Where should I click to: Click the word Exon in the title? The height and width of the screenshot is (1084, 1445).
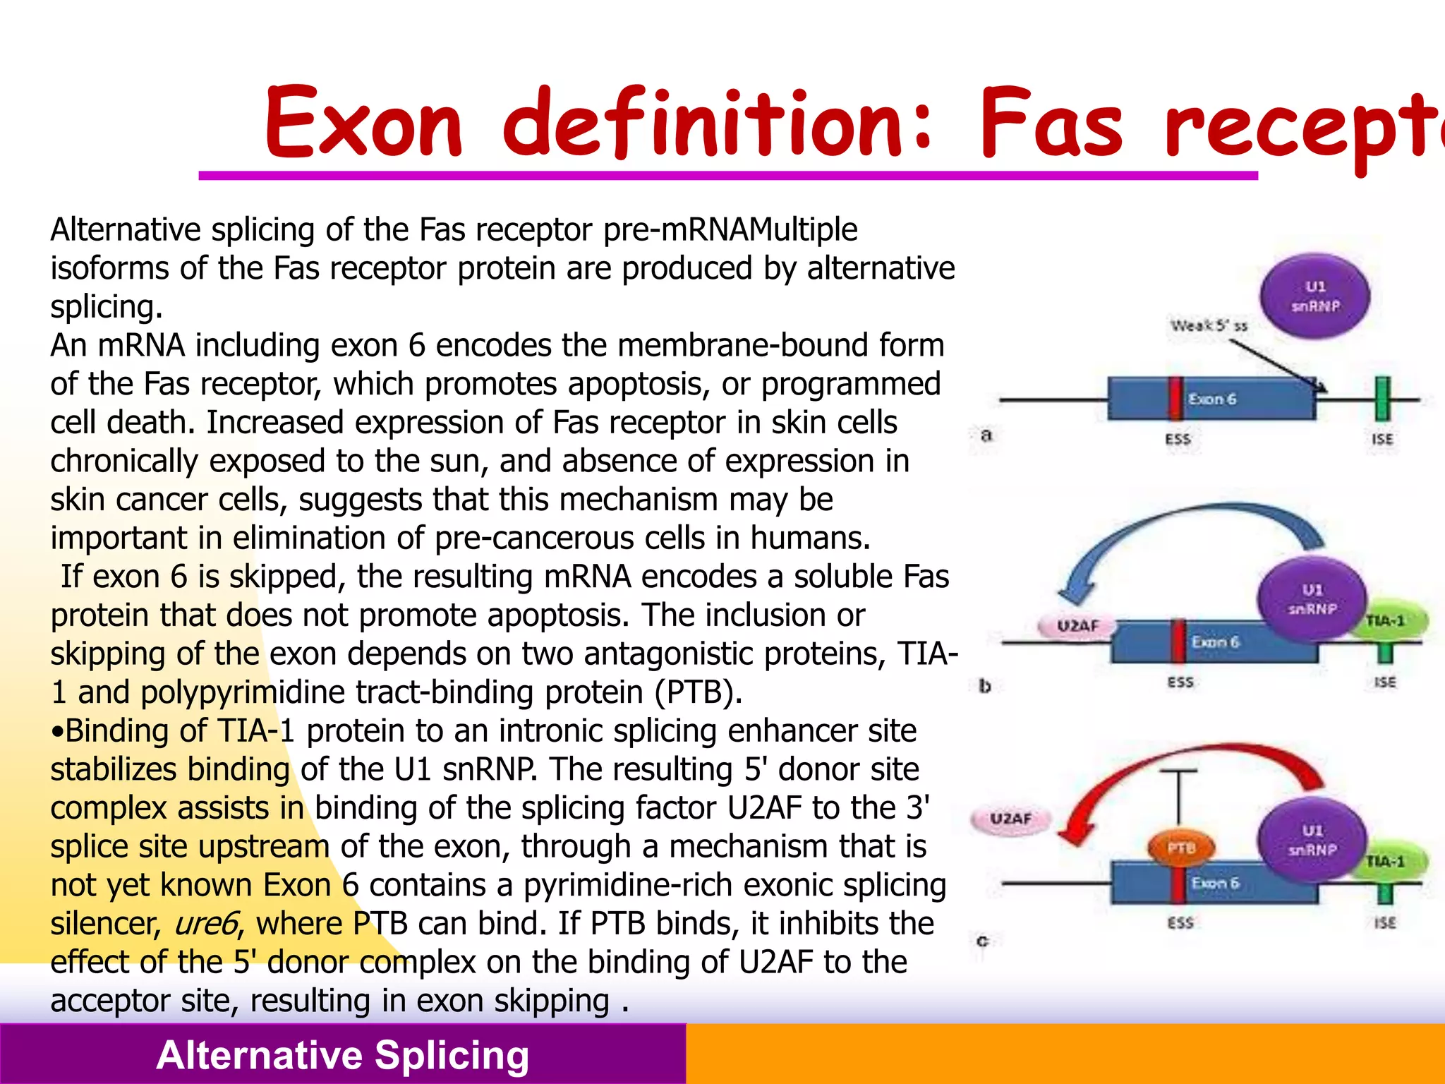pyautogui.click(x=363, y=124)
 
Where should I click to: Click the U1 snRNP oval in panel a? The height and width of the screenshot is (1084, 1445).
pyautogui.click(x=1314, y=296)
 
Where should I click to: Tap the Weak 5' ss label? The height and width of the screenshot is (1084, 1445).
pyautogui.click(x=1209, y=326)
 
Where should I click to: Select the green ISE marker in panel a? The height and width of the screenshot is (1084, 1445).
pyautogui.click(x=1382, y=399)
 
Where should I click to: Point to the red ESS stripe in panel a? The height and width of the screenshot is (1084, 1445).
pyautogui.click(x=1175, y=399)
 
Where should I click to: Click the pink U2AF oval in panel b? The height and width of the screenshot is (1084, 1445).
pyautogui.click(x=1077, y=625)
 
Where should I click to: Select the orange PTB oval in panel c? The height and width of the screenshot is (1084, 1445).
pyautogui.click(x=1180, y=848)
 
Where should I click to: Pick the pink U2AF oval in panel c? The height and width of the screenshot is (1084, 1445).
pyautogui.click(x=1010, y=819)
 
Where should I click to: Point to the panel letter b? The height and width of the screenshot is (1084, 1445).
pyautogui.click(x=985, y=685)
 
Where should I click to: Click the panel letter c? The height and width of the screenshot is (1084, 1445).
pyautogui.click(x=982, y=941)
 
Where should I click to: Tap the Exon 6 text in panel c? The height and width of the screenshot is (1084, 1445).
pyautogui.click(x=1215, y=884)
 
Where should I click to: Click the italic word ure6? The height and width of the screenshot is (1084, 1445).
pyautogui.click(x=205, y=924)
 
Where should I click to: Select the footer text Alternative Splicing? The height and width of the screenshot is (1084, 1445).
pyautogui.click(x=343, y=1055)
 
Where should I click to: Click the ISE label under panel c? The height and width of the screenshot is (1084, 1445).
pyautogui.click(x=1384, y=922)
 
